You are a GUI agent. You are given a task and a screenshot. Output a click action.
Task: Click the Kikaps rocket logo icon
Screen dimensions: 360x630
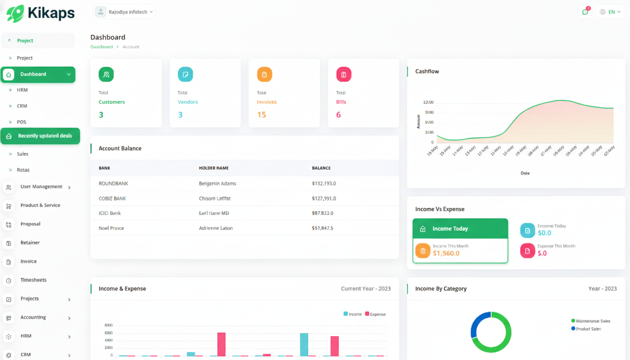(15, 13)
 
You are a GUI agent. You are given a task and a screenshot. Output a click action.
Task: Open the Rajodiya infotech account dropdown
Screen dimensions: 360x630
(125, 12)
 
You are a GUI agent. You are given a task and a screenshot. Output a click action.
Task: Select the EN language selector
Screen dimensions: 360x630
(610, 12)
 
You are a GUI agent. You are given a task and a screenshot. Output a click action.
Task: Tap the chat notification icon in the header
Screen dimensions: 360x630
(585, 12)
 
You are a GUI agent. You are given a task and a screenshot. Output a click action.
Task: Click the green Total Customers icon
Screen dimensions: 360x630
(106, 75)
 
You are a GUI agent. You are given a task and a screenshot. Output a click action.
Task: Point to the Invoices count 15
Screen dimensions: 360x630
(262, 115)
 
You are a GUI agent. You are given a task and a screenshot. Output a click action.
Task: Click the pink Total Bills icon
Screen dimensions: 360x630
(344, 75)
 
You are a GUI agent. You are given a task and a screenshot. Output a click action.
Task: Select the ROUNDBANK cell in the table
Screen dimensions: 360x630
(113, 184)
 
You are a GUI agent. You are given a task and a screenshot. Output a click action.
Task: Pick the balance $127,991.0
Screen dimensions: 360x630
(323, 198)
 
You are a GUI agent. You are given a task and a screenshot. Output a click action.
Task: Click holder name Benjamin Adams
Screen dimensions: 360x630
(217, 184)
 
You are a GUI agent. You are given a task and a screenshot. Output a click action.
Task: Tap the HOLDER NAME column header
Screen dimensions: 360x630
(214, 168)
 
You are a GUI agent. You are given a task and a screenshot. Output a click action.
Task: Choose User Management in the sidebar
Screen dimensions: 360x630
(41, 187)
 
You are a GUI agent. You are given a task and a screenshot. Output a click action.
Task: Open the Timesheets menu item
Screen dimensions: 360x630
(33, 280)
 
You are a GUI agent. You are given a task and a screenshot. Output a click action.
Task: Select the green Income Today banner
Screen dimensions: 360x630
(460, 229)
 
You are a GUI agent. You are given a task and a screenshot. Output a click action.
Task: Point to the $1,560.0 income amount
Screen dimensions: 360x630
(446, 254)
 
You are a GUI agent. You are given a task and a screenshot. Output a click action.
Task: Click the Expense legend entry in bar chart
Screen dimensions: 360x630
(375, 314)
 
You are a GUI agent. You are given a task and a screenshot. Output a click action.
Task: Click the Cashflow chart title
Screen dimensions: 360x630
(427, 71)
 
